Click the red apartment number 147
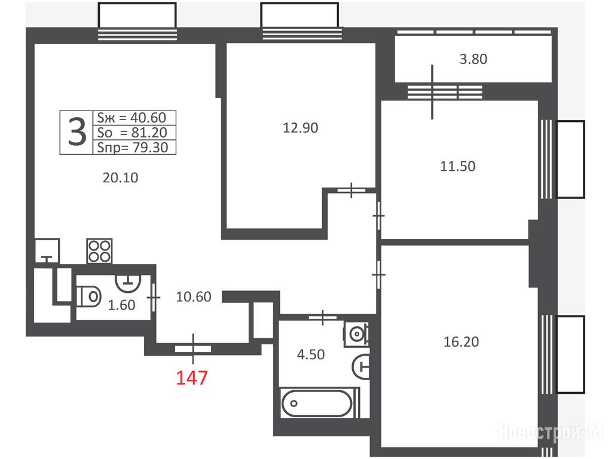pos(192,378)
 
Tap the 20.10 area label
pos(120,178)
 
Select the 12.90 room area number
pos(301,128)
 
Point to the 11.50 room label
pos(457,166)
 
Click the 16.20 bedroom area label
pos(462,342)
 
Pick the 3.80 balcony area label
pos(473,59)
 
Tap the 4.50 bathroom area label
pos(310,354)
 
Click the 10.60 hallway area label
pos(194,297)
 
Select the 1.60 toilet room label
pos(121,305)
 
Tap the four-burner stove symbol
pos(99,251)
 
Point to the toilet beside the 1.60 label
pos(89,296)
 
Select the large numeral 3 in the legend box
pos(77,132)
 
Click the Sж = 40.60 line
pos(132,118)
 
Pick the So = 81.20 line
pos(132,133)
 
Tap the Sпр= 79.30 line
pos(133,147)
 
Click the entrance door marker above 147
pos(193,348)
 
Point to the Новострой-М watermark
pos(550,432)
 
